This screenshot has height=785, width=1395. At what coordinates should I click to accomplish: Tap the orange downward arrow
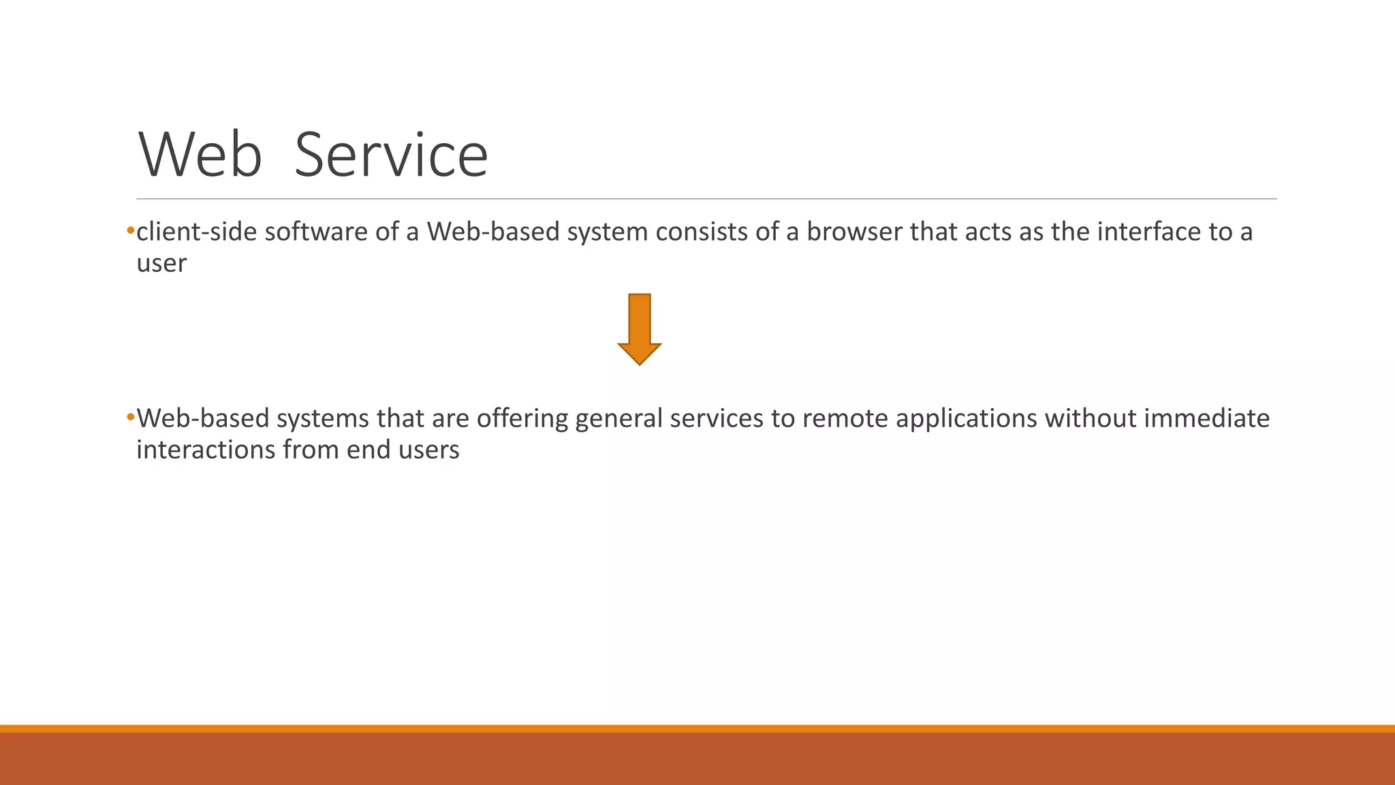click(x=640, y=329)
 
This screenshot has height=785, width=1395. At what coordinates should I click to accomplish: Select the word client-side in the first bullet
click(x=197, y=232)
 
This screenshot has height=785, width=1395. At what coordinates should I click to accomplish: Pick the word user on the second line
click(x=161, y=264)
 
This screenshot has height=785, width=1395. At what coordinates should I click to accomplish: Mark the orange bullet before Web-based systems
click(x=130, y=417)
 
